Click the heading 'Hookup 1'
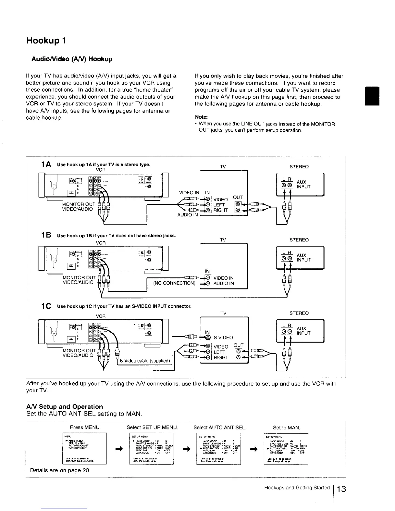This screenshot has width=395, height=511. [46, 41]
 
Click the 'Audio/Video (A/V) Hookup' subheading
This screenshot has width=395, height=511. [72, 59]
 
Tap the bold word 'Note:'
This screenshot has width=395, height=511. [201, 117]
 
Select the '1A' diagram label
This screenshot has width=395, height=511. [45, 165]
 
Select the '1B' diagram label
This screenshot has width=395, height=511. [45, 235]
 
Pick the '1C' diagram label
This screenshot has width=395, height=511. [45, 306]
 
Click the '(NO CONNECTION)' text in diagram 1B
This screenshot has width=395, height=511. [174, 283]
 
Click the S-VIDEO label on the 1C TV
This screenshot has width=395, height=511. [223, 337]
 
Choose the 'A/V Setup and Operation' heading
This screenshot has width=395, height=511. [64, 406]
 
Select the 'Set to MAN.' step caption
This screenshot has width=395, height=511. [286, 428]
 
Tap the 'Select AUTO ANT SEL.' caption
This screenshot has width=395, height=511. [220, 427]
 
